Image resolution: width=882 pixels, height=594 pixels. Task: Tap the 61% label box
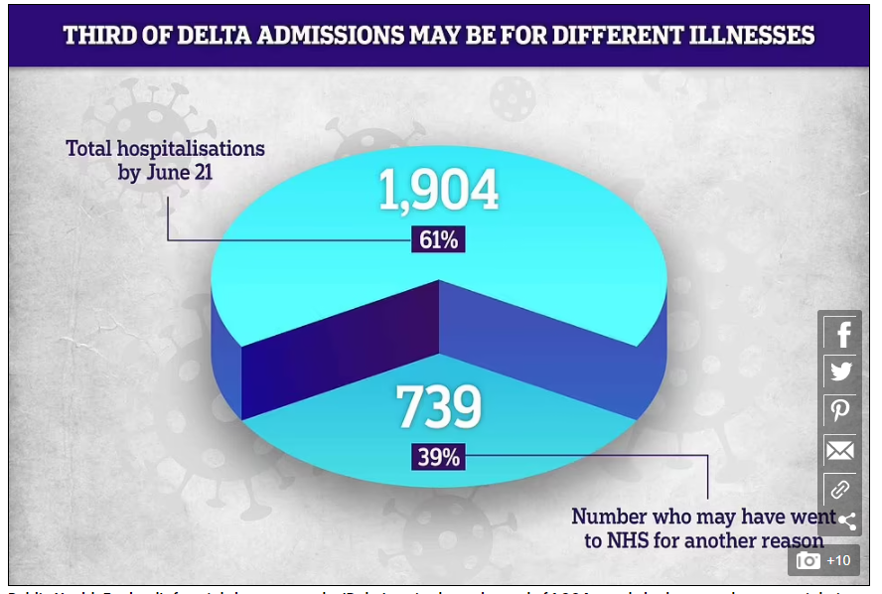[438, 239]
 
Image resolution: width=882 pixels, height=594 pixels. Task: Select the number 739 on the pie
[438, 405]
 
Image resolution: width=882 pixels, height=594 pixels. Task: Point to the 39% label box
[438, 457]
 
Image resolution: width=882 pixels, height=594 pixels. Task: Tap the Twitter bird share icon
[841, 372]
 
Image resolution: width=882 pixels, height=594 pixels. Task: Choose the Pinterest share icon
[841, 411]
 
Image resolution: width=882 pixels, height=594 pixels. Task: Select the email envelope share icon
[840, 451]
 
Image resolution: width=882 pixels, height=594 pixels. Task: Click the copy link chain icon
[839, 489]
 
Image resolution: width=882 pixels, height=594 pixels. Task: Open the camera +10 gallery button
[823, 560]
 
